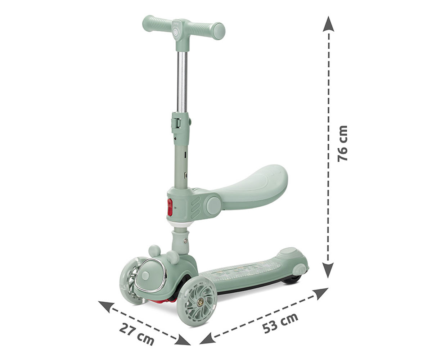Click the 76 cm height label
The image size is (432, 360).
pos(342,143)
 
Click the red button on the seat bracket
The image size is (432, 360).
pos(170,207)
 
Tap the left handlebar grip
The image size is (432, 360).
pos(156,24)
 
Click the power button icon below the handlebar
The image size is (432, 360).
pos(175,33)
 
